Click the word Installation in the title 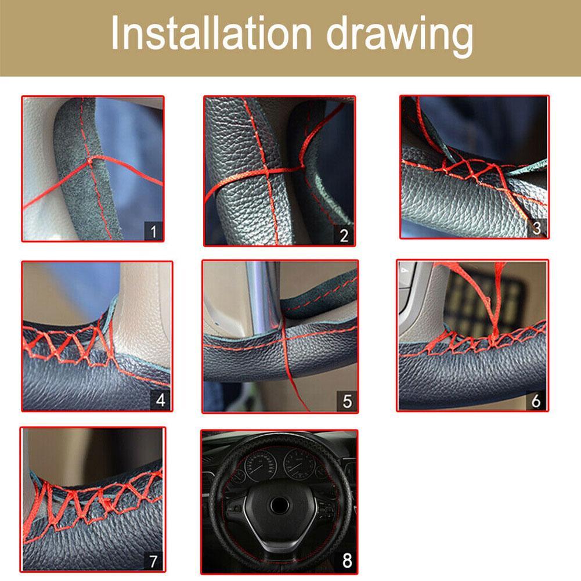(211, 33)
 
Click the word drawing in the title (399, 37)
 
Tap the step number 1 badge (153, 231)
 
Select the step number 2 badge (344, 235)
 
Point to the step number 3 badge (536, 228)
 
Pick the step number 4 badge (160, 400)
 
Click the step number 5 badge (347, 401)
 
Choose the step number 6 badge (536, 400)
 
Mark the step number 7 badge (153, 561)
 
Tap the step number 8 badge (347, 561)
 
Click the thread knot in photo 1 (91, 160)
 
